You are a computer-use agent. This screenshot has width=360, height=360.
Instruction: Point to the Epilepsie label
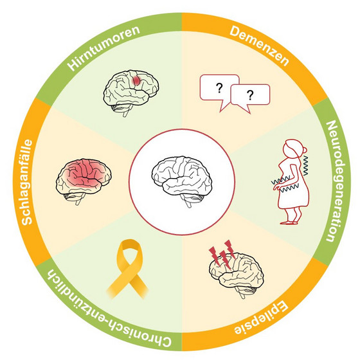pos(260,318)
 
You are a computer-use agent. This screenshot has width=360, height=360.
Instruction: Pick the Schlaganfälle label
pos(27,181)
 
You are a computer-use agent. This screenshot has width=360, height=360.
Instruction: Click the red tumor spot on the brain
pos(137,80)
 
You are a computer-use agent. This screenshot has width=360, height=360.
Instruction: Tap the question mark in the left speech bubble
pos(219,88)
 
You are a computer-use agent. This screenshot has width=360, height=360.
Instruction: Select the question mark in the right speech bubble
pos(250,95)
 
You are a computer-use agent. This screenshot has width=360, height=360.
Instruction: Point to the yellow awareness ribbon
pos(128,269)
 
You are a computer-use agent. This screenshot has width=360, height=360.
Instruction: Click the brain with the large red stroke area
pos(84,181)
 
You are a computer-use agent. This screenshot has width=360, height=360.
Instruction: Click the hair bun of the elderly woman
pos(305,150)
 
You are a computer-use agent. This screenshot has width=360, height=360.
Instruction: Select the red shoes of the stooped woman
pos(289,222)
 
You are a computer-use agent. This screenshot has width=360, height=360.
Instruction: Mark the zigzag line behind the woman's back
pos(305,165)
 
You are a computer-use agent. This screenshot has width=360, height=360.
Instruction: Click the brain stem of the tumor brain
pos(126,113)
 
